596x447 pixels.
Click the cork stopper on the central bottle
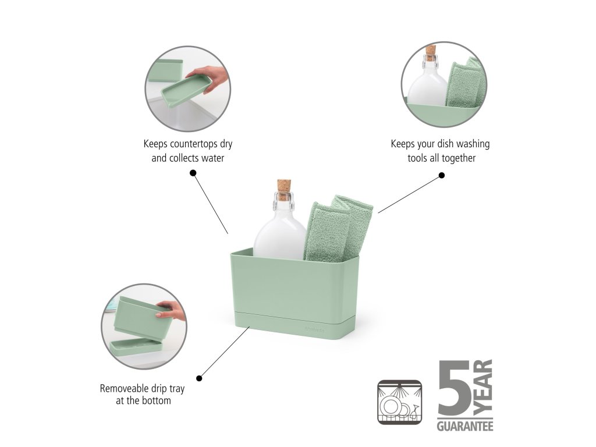(284, 190)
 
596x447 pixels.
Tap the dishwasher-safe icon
(400, 402)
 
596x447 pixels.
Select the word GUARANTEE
(465, 425)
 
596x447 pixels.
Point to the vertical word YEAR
(483, 388)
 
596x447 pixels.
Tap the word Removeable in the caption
(124, 388)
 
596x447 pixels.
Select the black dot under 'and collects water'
(193, 173)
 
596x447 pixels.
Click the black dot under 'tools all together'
(442, 175)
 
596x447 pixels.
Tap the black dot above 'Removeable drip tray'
(199, 378)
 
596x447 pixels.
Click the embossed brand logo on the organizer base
(314, 329)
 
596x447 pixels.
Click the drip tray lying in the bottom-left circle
(136, 348)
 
